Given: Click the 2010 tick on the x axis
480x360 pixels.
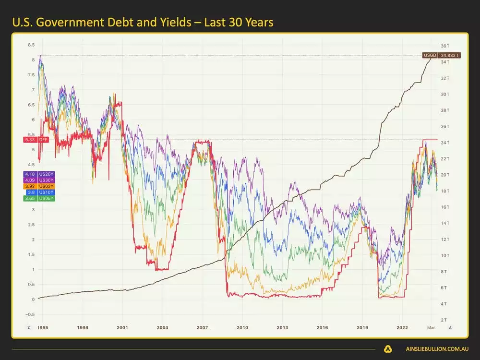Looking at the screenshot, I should point(242,327).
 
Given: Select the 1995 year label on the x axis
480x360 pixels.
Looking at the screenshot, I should point(43,327).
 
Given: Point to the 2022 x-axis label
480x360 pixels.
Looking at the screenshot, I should point(402,327).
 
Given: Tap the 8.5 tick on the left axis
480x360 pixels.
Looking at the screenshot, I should point(31,45).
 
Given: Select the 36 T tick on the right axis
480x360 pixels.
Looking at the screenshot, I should point(445,46).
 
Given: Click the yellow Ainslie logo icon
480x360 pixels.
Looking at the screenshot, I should point(388,349).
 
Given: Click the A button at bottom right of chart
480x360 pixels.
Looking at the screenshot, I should point(450,327).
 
